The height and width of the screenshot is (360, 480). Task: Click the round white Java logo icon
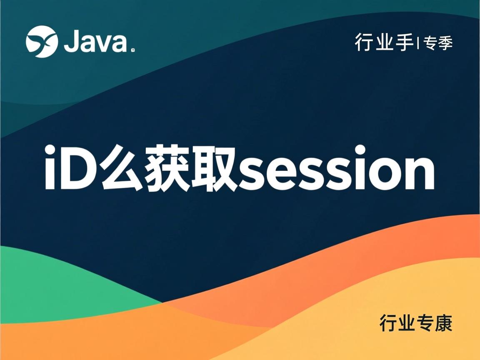(x=42, y=41)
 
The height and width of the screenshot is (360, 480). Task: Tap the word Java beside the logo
(x=95, y=42)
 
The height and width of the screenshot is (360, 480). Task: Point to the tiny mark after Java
(x=132, y=51)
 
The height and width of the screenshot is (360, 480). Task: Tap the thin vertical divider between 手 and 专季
(x=418, y=43)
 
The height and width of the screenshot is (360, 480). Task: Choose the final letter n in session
(x=419, y=173)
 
